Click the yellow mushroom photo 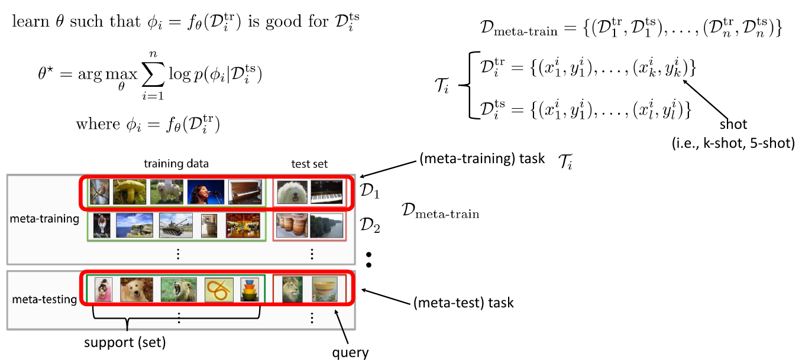click(x=130, y=192)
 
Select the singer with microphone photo click(x=205, y=192)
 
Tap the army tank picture click(x=176, y=225)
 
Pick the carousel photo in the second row click(x=242, y=225)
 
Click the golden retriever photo click(x=137, y=290)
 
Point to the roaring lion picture click(x=178, y=290)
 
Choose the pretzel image click(x=219, y=290)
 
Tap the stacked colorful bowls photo click(x=250, y=290)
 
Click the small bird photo click(x=99, y=192)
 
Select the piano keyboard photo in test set click(x=326, y=192)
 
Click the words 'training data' click(x=176, y=164)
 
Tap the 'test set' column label click(x=309, y=164)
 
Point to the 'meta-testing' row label click(x=44, y=299)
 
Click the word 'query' click(x=350, y=352)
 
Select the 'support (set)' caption click(x=125, y=342)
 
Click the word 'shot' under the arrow click(x=733, y=124)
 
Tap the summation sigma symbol click(x=153, y=74)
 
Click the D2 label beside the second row click(x=370, y=225)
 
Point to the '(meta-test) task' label click(x=464, y=303)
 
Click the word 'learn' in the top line click(x=30, y=21)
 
